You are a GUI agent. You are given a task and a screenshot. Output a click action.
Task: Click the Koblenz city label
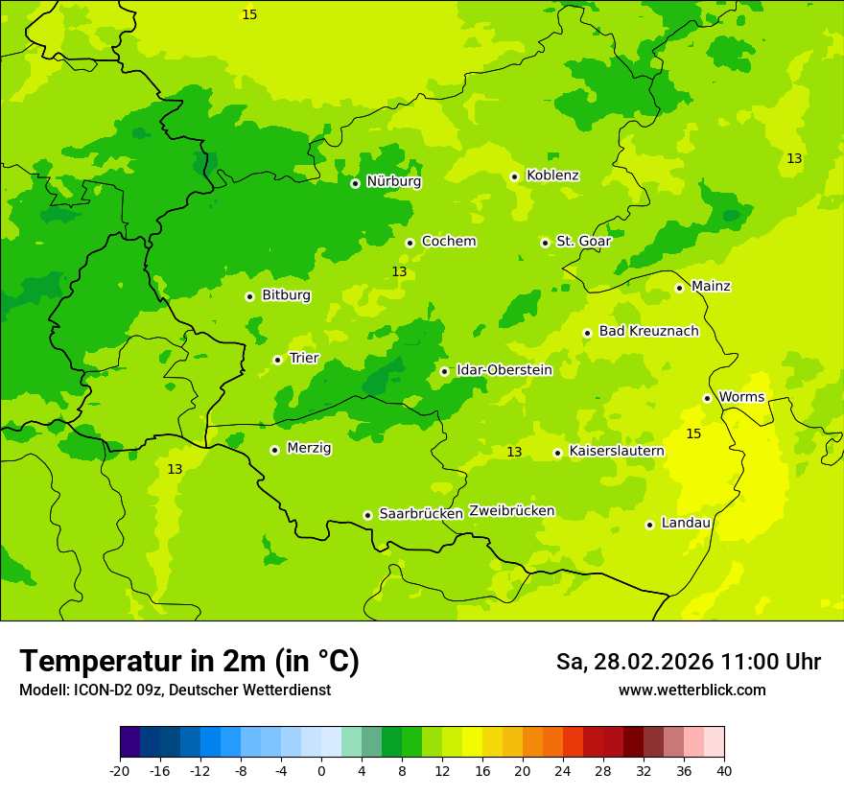[552, 176]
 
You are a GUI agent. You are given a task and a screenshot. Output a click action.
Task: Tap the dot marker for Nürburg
[355, 183]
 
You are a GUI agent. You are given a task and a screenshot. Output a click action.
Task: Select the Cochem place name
[448, 242]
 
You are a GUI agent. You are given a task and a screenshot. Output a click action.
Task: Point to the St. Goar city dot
[545, 243]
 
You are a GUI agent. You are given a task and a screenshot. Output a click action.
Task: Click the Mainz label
[711, 287]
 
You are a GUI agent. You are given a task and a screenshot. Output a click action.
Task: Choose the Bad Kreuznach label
[648, 332]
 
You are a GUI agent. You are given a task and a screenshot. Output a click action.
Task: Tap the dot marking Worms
[707, 398]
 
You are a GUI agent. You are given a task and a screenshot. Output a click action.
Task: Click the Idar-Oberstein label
[504, 370]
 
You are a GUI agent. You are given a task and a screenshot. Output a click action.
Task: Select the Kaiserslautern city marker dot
[557, 453]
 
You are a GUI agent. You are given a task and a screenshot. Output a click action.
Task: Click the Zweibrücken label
[511, 511]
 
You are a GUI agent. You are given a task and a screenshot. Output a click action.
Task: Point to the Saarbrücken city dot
[367, 515]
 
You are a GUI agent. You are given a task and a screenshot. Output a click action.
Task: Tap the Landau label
[686, 524]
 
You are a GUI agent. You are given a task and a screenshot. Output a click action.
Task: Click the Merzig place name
[309, 449]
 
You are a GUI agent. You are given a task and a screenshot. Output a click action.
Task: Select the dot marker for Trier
[277, 360]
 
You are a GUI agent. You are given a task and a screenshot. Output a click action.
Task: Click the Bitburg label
[286, 295]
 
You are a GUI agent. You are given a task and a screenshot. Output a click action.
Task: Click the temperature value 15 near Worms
[693, 434]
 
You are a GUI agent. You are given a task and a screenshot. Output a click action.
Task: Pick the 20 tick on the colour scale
[523, 770]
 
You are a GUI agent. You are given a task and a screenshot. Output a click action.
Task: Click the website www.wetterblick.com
[692, 691]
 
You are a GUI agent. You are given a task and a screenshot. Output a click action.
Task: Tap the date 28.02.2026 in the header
[652, 662]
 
